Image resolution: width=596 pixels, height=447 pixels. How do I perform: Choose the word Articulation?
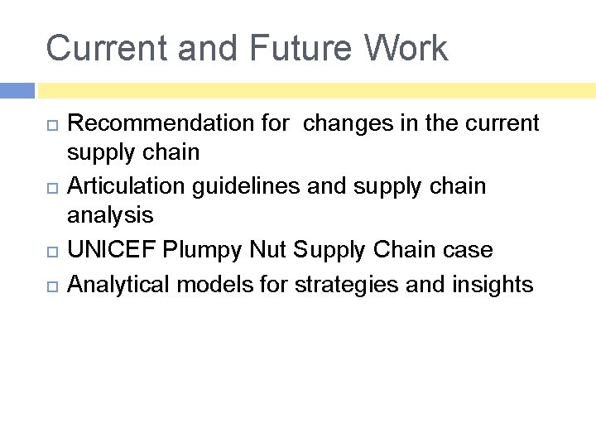click(x=127, y=186)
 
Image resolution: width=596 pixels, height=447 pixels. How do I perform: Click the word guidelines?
click(x=247, y=186)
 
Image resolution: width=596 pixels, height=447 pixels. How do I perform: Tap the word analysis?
click(x=110, y=216)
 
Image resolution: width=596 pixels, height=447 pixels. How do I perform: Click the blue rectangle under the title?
click(x=17, y=90)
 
